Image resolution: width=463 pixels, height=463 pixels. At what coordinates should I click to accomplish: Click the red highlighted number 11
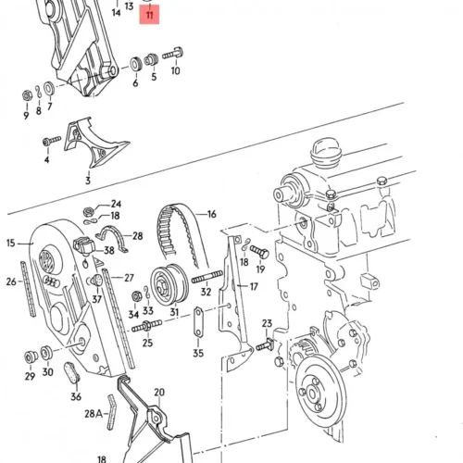[149, 15]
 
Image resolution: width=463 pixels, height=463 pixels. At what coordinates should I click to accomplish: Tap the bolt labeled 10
[173, 54]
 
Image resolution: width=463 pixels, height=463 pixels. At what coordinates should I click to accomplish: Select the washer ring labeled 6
[135, 65]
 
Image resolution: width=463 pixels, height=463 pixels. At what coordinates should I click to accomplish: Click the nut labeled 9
[27, 95]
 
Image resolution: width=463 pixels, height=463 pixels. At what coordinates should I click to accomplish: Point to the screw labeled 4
[52, 142]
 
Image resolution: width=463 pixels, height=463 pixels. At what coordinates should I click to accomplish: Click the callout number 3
[88, 181]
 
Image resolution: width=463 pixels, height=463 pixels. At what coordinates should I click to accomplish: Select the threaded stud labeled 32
[206, 276]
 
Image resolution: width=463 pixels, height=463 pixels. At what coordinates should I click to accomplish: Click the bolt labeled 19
[259, 252]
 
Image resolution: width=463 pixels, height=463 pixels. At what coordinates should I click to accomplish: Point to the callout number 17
[254, 287]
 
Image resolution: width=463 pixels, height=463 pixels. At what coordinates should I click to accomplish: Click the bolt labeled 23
[265, 344]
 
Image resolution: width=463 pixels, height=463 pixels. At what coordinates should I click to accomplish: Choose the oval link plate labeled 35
[198, 323]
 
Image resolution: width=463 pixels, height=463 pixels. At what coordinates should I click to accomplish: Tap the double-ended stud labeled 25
[147, 326]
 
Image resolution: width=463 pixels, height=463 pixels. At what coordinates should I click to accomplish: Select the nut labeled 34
[136, 296]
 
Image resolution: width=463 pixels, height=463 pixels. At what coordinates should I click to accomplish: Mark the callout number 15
[10, 243]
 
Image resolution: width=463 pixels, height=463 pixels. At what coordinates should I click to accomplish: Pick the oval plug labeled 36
[72, 372]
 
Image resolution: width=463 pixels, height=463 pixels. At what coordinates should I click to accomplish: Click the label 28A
[94, 414]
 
